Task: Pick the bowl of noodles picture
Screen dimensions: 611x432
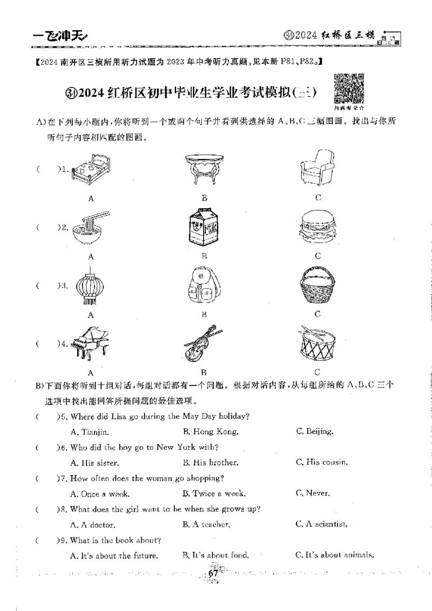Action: pos(91,227)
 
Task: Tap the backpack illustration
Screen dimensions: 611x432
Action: pos(204,287)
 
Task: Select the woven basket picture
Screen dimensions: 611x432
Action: pos(318,287)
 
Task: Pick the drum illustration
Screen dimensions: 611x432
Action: pos(317,344)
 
